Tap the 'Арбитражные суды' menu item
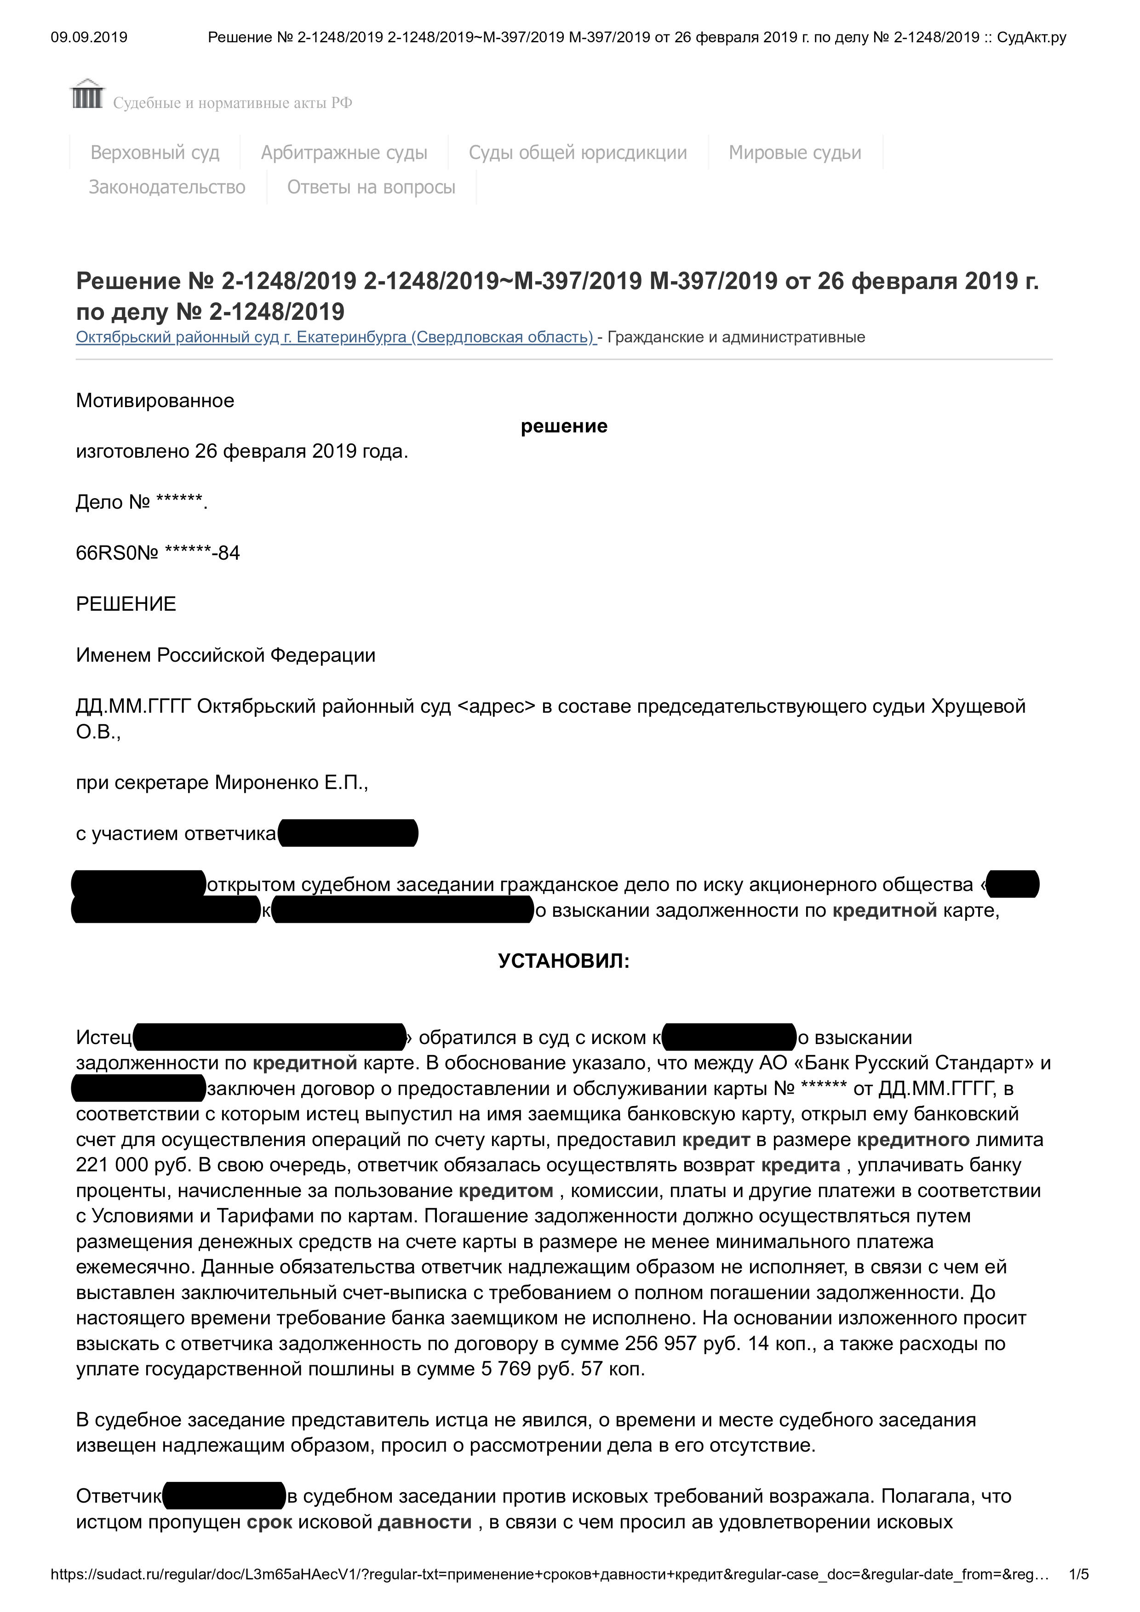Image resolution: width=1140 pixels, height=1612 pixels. [344, 153]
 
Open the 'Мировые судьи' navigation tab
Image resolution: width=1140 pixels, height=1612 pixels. [795, 153]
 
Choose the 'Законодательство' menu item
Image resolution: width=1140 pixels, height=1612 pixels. [167, 187]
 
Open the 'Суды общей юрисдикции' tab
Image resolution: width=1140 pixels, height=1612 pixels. [578, 153]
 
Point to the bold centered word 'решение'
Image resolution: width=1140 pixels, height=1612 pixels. [564, 426]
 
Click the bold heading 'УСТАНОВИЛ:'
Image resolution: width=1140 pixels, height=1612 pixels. [564, 961]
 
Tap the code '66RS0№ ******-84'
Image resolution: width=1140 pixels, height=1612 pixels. [158, 553]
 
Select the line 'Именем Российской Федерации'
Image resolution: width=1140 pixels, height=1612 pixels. [225, 655]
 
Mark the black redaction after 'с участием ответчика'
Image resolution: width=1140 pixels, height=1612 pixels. [349, 834]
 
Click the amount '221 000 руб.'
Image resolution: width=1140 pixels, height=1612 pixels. [133, 1165]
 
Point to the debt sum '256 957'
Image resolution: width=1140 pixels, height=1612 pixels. [660, 1343]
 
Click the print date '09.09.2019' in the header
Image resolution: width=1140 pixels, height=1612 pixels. [89, 37]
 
